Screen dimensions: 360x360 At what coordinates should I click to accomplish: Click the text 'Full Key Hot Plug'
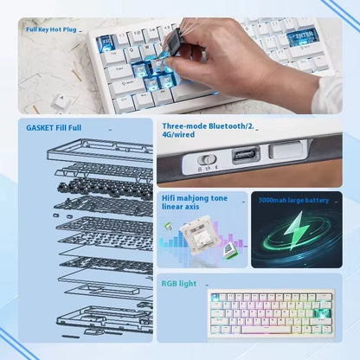tap(52, 29)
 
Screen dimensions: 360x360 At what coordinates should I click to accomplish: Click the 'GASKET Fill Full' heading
tap(55, 126)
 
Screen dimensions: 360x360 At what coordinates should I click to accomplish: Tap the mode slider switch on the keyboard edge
tap(207, 158)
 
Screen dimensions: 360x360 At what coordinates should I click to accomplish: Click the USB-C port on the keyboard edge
tap(243, 157)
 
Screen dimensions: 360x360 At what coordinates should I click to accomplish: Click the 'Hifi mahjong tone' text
tap(195, 198)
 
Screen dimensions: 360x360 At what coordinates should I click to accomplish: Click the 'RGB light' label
tap(178, 283)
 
